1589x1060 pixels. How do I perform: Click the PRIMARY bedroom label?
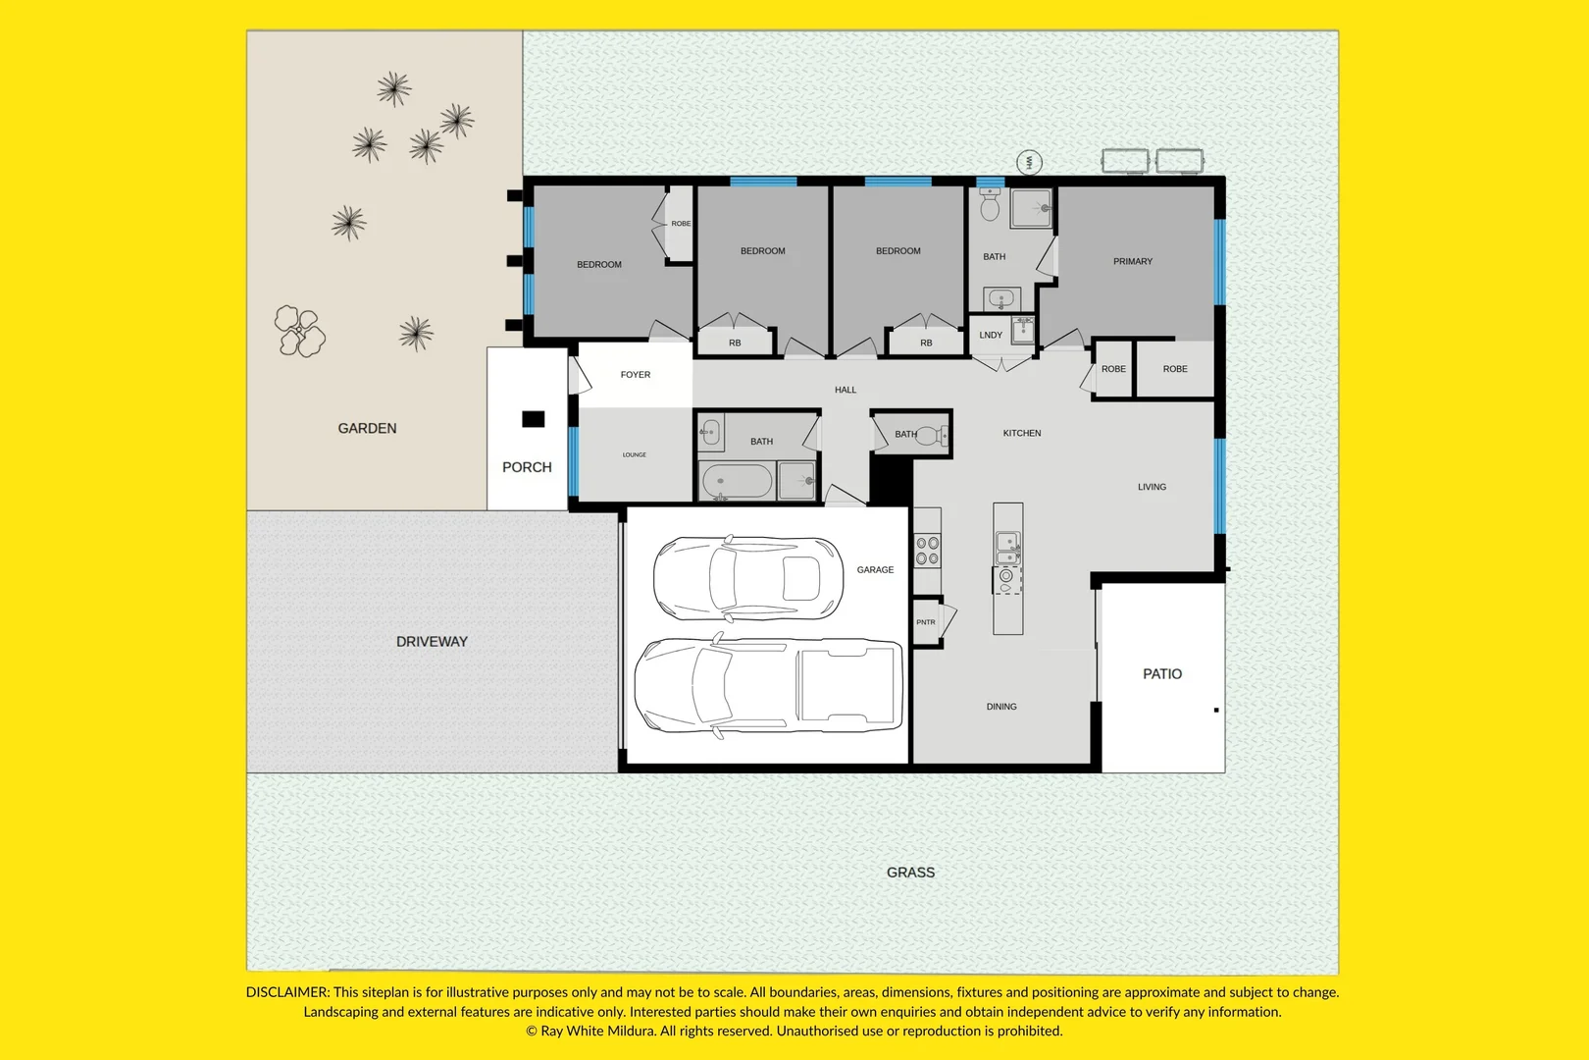click(x=1132, y=261)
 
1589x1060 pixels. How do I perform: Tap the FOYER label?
click(x=635, y=375)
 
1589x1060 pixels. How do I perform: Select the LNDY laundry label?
click(x=991, y=335)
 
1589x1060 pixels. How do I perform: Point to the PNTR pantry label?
click(x=926, y=622)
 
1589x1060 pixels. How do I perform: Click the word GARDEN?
click(x=367, y=428)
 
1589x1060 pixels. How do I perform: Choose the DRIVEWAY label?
click(x=432, y=642)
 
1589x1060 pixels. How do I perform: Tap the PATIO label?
click(x=1162, y=673)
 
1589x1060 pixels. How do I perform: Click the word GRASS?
click(x=910, y=873)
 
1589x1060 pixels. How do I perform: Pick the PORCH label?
click(x=527, y=467)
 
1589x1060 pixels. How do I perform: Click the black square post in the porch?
click(x=534, y=419)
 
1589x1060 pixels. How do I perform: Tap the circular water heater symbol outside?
click(x=1029, y=163)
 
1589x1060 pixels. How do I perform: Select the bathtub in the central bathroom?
click(x=737, y=482)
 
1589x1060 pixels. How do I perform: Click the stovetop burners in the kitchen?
click(x=927, y=551)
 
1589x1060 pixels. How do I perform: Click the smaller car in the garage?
click(x=748, y=578)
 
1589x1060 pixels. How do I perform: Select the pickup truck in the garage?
click(x=768, y=685)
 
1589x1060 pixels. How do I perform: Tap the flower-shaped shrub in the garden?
click(x=299, y=331)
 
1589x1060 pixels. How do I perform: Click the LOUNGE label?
click(x=635, y=455)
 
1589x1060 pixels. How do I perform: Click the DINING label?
click(x=1000, y=707)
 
